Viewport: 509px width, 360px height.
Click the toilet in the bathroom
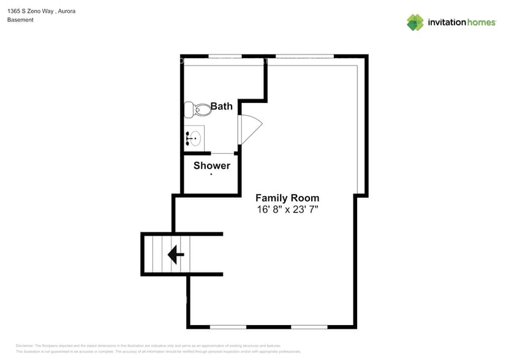point(195,110)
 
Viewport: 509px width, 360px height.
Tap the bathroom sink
point(195,138)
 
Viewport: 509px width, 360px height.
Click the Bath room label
point(221,107)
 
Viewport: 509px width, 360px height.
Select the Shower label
point(212,165)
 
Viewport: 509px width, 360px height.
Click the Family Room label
point(287,198)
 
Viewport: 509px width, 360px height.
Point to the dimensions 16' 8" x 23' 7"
point(287,209)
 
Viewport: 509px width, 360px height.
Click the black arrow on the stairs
point(176,254)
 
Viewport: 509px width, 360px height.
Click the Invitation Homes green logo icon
point(415,23)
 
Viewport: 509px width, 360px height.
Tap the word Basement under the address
point(20,20)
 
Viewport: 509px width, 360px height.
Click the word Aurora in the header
point(66,11)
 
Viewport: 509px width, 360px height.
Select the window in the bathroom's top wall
point(225,56)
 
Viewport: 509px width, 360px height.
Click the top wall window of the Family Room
point(304,56)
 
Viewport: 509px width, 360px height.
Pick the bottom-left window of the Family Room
point(228,327)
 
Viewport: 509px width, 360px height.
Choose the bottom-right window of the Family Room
point(309,327)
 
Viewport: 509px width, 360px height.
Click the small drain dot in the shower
point(211,174)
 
